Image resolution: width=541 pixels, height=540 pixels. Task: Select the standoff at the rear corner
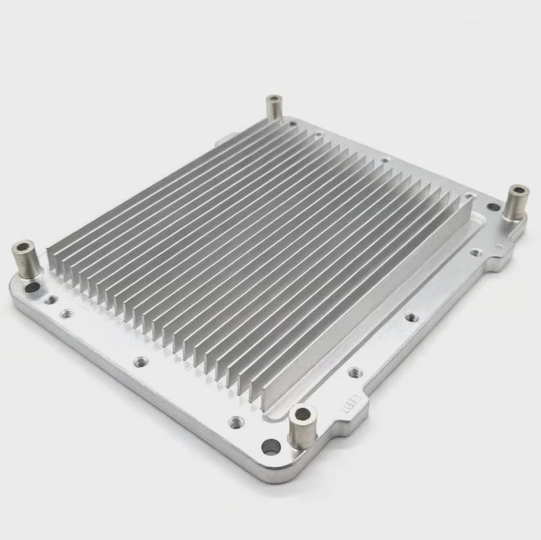click(274, 108)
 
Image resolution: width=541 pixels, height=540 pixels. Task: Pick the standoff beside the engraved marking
click(303, 426)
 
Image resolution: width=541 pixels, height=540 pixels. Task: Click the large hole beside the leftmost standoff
click(32, 287)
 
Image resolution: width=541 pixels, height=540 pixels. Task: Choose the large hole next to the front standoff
click(270, 447)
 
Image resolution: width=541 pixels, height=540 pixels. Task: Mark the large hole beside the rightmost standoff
click(493, 207)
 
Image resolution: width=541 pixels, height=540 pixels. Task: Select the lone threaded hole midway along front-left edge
click(141, 362)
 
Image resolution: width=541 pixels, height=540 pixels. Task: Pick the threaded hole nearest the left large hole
click(50, 300)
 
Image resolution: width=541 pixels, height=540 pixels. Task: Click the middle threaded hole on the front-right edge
click(411, 317)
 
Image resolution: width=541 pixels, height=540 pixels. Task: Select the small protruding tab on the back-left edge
click(222, 138)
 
